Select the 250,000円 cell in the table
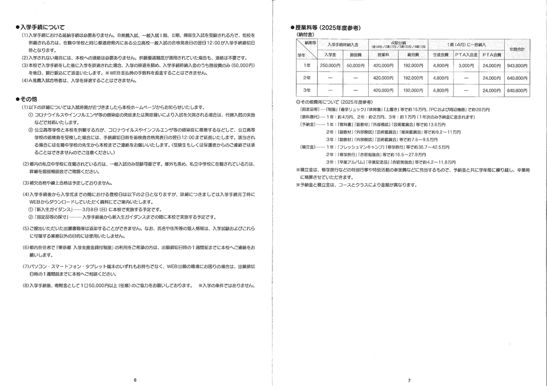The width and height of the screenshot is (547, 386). click(329, 65)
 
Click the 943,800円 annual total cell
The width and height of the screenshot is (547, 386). click(517, 65)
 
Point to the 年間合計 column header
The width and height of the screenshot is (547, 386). click(517, 49)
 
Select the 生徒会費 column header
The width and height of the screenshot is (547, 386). click(440, 55)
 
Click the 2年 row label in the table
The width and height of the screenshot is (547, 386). click(306, 78)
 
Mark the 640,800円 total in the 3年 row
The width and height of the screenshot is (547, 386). click(517, 90)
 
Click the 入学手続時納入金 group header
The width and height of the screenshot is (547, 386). click(342, 44)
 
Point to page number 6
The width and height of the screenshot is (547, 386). click(135, 379)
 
